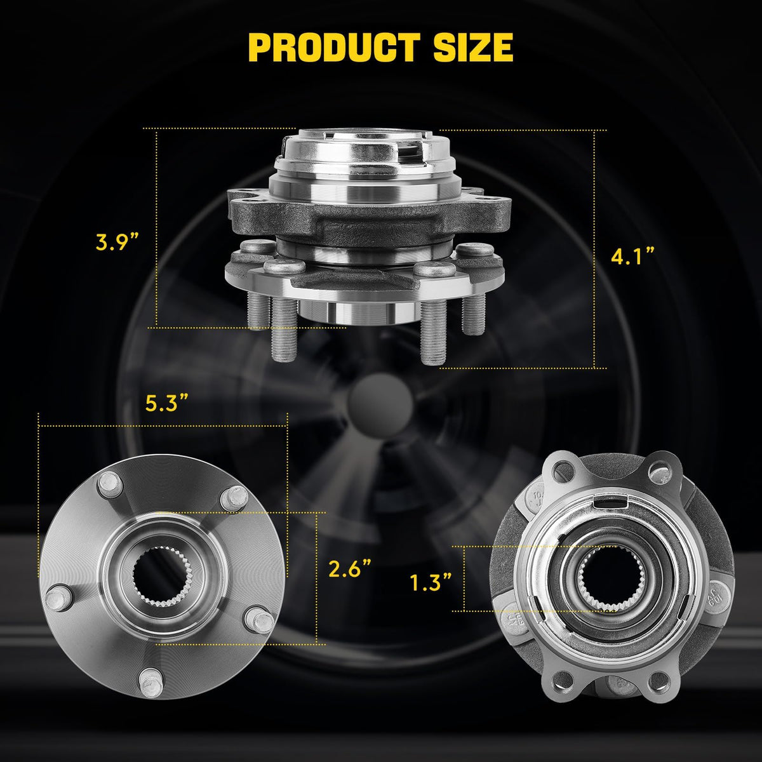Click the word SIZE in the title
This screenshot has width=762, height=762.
pos(473,48)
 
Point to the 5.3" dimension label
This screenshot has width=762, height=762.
pos(166,403)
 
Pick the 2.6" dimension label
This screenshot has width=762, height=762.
pos(350,568)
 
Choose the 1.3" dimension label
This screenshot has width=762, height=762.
pos(431,583)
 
